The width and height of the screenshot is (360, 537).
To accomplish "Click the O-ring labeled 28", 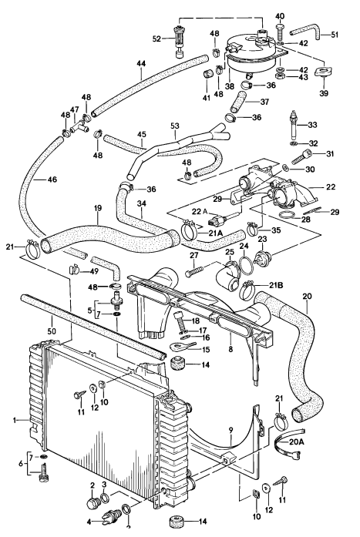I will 284,227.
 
